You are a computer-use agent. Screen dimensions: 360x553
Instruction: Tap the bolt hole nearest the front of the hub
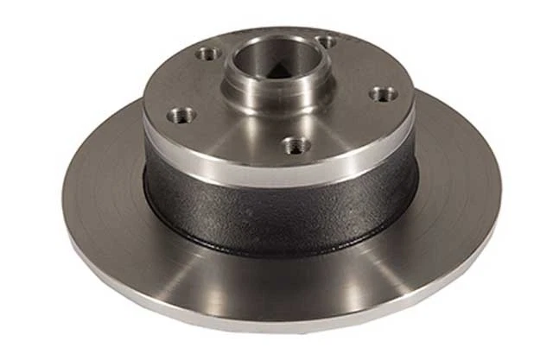297,145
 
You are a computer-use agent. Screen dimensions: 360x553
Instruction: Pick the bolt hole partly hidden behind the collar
326,41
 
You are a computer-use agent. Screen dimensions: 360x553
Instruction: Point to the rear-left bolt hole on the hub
207,54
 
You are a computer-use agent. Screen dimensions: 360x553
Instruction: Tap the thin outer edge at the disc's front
285,327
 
